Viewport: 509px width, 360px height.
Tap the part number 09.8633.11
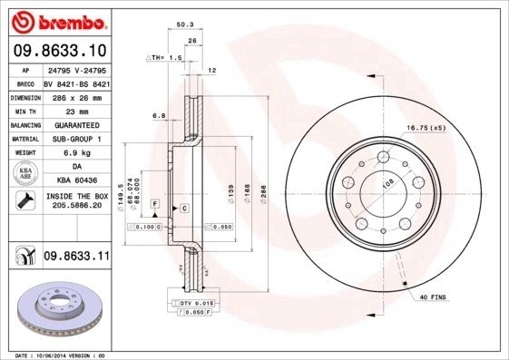pos(76,258)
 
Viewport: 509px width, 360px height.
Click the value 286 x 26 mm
pos(76,96)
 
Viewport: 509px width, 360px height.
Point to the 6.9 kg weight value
pos(76,153)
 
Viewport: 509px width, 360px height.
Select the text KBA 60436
pos(76,181)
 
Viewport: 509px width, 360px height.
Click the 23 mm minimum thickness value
pos(76,111)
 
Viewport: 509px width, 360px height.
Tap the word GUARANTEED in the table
pos(76,125)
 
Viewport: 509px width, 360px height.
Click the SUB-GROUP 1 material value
pos(76,139)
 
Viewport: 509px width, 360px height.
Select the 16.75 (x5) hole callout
pos(426,128)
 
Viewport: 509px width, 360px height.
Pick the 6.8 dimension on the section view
pos(159,115)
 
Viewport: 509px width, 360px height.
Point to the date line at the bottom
pos(54,355)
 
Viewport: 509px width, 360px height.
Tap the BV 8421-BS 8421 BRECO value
pos(76,83)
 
